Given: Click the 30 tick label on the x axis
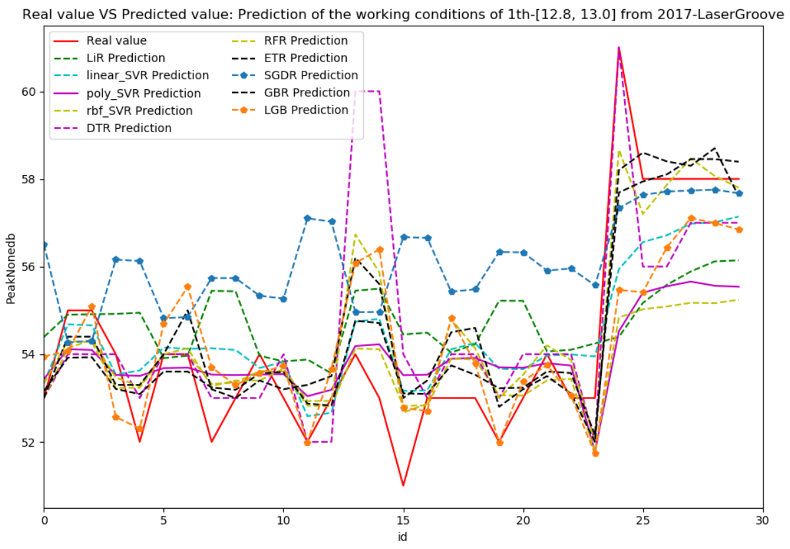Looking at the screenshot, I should click(763, 520).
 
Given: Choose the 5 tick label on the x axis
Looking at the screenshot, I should click(163, 520).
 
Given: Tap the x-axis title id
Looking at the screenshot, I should click(403, 536).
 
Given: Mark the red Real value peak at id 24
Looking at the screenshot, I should click(619, 48).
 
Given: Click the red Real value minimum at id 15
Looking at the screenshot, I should click(403, 486).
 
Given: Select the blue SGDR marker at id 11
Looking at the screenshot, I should click(307, 218).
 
